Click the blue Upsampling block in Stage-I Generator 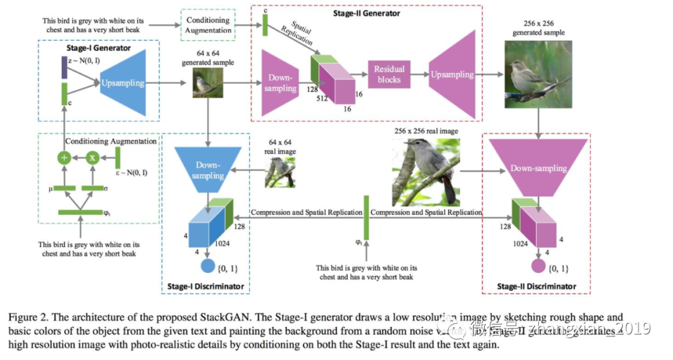point(122,82)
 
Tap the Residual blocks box point(389,74)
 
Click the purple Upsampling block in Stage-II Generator point(453,74)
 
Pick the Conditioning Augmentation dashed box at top point(207,24)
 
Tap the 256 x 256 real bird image point(426,172)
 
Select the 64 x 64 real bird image point(280,171)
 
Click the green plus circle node point(64,158)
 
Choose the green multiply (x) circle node point(93,158)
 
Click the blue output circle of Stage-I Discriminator point(208,267)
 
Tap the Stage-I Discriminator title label point(205,287)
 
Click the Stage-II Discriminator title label point(537,287)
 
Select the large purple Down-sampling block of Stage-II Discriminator point(538,167)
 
